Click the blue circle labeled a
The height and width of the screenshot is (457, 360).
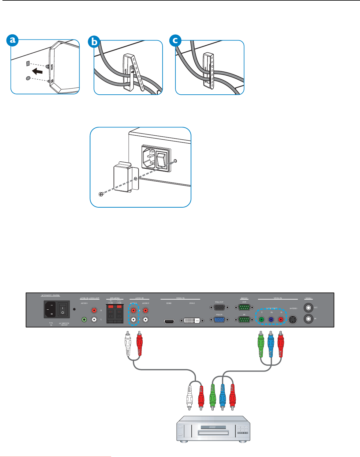point(13,40)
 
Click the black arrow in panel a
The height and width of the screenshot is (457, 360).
point(38,71)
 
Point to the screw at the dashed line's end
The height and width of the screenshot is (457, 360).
point(101,194)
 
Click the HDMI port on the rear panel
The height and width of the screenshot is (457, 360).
point(169,322)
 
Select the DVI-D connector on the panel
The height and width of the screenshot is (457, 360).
point(192,321)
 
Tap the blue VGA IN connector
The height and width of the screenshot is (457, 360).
point(219,320)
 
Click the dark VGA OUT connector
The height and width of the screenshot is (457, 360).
point(219,308)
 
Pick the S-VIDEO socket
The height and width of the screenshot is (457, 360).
point(293,320)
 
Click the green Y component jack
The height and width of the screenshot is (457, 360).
point(261,320)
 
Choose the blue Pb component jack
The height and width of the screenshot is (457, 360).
point(271,320)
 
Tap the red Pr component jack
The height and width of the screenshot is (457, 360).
point(281,320)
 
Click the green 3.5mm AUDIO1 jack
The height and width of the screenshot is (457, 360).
point(84,320)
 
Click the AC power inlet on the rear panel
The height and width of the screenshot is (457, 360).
point(50,309)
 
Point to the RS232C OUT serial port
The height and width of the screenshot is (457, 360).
point(244,308)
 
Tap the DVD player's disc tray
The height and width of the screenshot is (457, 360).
point(213,433)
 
